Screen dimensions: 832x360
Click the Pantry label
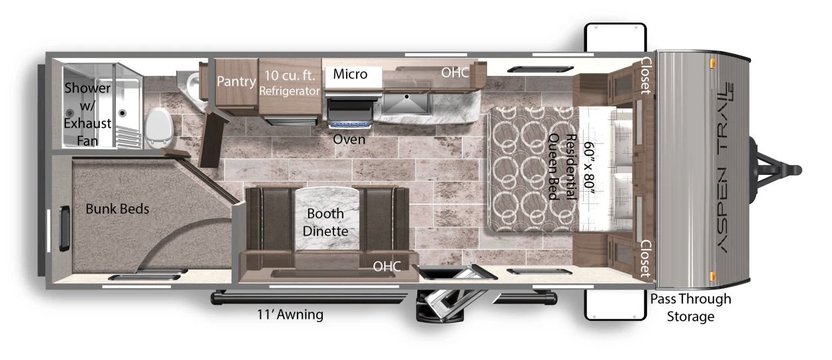pos(236,81)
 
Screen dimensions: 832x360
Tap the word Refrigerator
pos(290,90)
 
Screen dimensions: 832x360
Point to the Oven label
pos(349,139)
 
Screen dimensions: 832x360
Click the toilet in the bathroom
pos(159,128)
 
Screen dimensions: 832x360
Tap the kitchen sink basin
pos(406,103)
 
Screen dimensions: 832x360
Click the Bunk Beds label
pos(117,208)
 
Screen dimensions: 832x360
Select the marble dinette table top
pos(327,219)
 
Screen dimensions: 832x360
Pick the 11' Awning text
pos(290,314)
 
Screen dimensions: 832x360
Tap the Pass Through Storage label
pos(690,307)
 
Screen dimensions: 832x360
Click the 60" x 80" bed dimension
pos(589,168)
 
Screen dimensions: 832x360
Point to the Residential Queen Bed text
pos(562,167)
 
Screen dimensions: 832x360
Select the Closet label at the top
pos(646,75)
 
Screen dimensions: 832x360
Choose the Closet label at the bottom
pos(646,258)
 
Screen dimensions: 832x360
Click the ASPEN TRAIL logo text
pos(724,168)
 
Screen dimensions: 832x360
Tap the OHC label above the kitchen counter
pos(455,73)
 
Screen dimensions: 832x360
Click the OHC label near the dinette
pos(387,266)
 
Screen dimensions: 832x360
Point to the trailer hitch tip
pos(799,171)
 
